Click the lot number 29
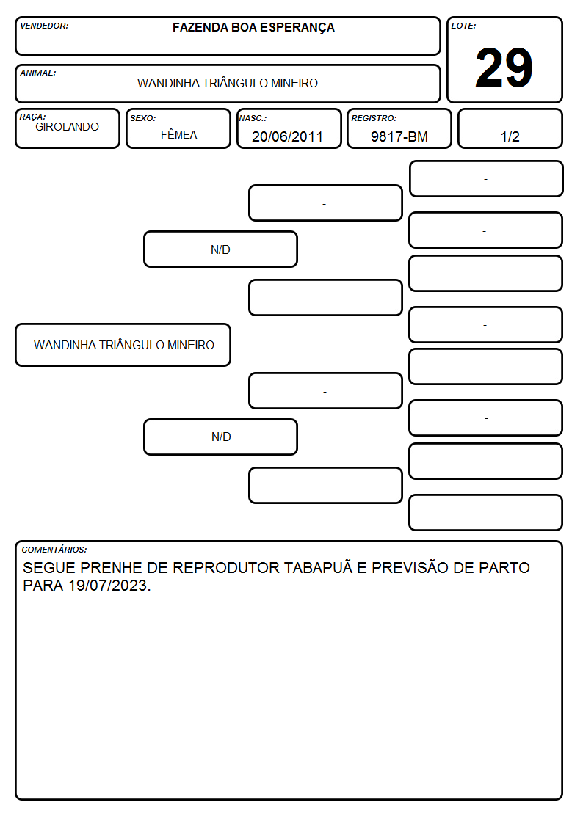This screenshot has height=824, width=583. pyautogui.click(x=504, y=68)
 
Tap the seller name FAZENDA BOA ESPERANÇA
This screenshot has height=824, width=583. pyautogui.click(x=253, y=27)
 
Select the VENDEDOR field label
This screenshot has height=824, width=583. pyautogui.click(x=44, y=26)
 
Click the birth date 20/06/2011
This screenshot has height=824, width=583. pyautogui.click(x=287, y=136)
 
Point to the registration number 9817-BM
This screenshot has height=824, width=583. pyautogui.click(x=399, y=136)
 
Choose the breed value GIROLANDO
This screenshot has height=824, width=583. pyautogui.click(x=67, y=127)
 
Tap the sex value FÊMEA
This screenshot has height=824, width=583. pyautogui.click(x=178, y=134)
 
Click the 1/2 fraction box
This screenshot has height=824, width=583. pyautogui.click(x=510, y=128)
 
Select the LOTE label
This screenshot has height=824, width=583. pyautogui.click(x=463, y=26)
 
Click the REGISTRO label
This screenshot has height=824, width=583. pyautogui.click(x=374, y=118)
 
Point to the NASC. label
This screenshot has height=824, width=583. pyautogui.click(x=253, y=118)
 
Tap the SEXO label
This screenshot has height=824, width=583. pyautogui.click(x=143, y=118)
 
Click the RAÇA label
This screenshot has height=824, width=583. pyautogui.click(x=32, y=117)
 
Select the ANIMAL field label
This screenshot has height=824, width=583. pyautogui.click(x=38, y=73)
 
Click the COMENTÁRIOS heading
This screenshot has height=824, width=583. pyautogui.click(x=54, y=550)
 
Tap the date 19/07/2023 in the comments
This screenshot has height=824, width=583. pyautogui.click(x=108, y=586)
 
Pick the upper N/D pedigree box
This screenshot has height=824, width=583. pyautogui.click(x=220, y=249)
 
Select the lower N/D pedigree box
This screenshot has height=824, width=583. pyautogui.click(x=220, y=437)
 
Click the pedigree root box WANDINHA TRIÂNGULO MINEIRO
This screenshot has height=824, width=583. pyautogui.click(x=123, y=345)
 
